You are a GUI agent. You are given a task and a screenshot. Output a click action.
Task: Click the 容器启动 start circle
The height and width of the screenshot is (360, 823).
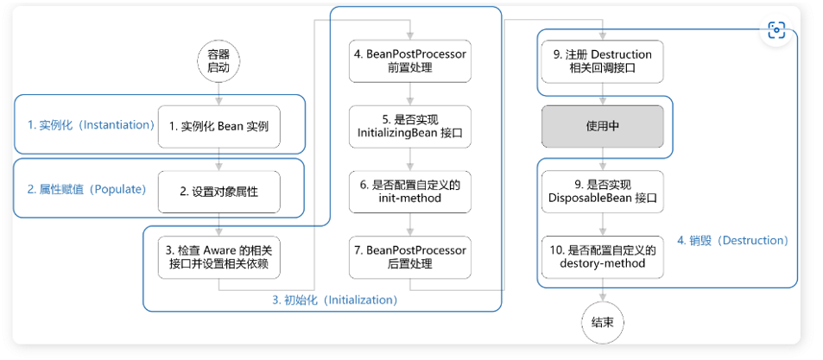pyautogui.click(x=219, y=61)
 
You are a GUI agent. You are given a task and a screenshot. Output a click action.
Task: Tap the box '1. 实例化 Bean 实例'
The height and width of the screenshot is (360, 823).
pyautogui.click(x=219, y=127)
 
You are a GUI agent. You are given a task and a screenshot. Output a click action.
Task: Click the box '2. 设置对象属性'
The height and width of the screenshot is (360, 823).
pyautogui.click(x=219, y=192)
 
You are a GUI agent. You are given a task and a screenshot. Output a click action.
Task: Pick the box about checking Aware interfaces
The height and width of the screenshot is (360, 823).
pyautogui.click(x=219, y=257)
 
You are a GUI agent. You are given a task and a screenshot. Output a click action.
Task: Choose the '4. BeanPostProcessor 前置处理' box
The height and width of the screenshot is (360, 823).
pyautogui.click(x=410, y=61)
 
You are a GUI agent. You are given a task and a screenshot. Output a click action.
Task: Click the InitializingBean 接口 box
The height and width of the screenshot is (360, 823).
pyautogui.click(x=410, y=127)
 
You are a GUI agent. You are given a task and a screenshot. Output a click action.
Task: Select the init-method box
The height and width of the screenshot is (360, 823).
pyautogui.click(x=410, y=192)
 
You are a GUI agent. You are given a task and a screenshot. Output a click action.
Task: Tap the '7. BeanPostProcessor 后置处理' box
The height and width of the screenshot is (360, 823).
pyautogui.click(x=410, y=257)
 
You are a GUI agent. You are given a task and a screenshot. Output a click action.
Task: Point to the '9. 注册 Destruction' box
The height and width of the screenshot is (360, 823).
pyautogui.click(x=603, y=61)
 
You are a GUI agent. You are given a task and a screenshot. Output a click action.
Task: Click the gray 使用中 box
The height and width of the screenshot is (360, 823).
pyautogui.click(x=603, y=127)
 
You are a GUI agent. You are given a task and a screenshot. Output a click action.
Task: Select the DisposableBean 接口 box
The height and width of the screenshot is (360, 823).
pyautogui.click(x=603, y=192)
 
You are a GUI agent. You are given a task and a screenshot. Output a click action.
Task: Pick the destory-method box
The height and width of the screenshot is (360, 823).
pyautogui.click(x=603, y=257)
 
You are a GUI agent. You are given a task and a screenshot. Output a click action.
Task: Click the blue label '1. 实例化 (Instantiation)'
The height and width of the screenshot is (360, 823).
pyautogui.click(x=92, y=125)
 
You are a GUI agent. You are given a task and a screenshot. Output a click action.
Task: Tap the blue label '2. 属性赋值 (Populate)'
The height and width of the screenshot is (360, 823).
pyautogui.click(x=86, y=190)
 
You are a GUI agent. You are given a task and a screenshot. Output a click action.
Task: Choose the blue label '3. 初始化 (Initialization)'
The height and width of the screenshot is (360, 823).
pyautogui.click(x=335, y=300)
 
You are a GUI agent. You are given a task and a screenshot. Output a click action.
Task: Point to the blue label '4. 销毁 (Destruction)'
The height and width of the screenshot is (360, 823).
pyautogui.click(x=732, y=241)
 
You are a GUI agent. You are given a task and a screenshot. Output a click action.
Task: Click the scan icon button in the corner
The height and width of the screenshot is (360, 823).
pyautogui.click(x=776, y=30)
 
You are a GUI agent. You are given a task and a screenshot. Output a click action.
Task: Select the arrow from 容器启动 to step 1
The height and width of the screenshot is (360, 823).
pyautogui.click(x=219, y=94)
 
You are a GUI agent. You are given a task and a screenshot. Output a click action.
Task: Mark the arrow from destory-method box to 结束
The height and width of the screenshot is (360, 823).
pyautogui.click(x=603, y=290)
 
